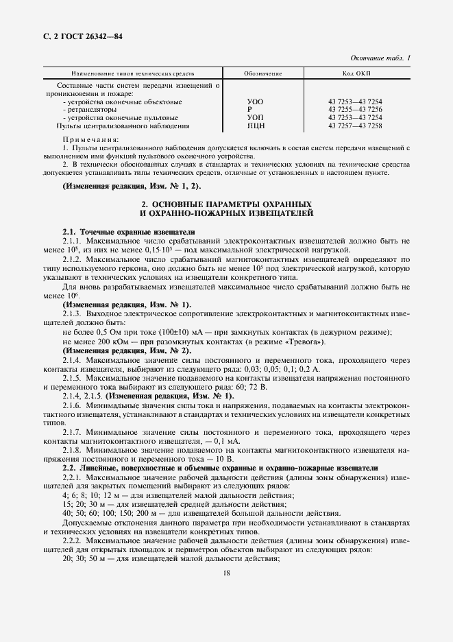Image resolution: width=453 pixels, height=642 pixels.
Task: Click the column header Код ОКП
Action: [354, 73]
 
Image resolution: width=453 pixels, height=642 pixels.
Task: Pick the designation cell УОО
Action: [254, 102]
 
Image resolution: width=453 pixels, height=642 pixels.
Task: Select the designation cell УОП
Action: [254, 117]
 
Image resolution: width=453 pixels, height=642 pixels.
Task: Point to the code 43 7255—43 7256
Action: [355, 110]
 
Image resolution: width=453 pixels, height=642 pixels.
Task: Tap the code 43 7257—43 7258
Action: [355, 126]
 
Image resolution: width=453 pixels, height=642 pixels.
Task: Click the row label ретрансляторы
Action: [92, 110]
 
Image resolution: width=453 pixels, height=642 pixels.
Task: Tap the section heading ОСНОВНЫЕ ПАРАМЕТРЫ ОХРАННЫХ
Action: [226, 205]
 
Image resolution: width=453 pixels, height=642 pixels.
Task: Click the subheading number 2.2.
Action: [69, 467]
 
